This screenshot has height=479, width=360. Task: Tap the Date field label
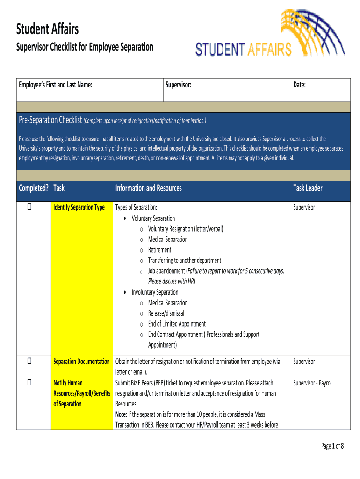(299, 85)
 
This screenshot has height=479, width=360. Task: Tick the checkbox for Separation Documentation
(29, 361)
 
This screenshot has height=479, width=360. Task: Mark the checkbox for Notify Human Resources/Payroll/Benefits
(29, 383)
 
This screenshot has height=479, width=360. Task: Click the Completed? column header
(33, 188)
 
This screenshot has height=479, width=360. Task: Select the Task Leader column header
(308, 188)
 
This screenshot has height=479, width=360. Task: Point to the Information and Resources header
(148, 188)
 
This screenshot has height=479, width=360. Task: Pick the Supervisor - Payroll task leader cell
(313, 383)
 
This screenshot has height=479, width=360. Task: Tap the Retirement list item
(159, 250)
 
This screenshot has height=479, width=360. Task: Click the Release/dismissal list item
(166, 313)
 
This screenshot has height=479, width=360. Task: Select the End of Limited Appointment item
(177, 324)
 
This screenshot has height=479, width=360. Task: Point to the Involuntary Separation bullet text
(155, 292)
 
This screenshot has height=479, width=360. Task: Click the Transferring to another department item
(184, 260)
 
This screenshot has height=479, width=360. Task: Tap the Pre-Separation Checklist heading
(50, 121)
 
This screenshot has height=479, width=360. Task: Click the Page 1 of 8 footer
(332, 446)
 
